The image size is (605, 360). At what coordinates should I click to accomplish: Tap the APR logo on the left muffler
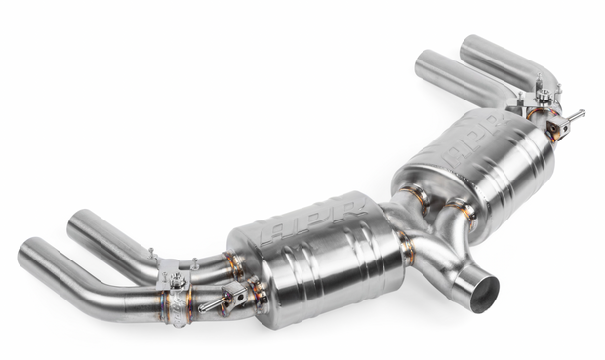313,221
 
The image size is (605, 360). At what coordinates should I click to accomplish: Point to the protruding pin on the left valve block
210,305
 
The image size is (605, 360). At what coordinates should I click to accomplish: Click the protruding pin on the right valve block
576,115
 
